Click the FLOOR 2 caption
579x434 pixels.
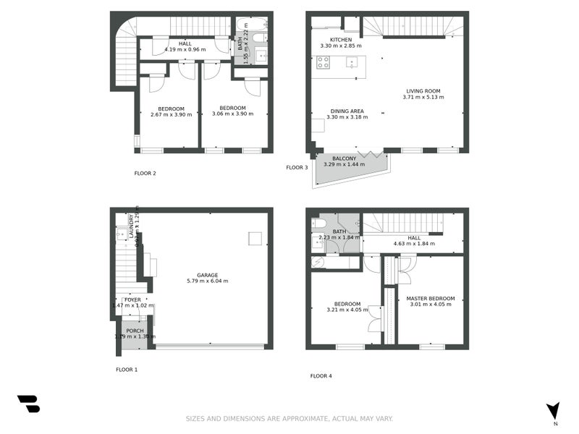[145, 174]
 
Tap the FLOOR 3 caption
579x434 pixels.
[297, 168]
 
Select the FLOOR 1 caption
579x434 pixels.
[127, 370]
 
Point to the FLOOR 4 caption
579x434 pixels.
[321, 376]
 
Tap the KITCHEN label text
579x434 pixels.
[341, 40]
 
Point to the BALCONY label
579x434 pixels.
[344, 158]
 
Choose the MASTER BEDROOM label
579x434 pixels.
[431, 299]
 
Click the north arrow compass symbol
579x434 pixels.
[554, 410]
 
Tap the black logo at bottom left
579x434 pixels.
[28, 404]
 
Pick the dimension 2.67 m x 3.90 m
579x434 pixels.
[172, 114]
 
